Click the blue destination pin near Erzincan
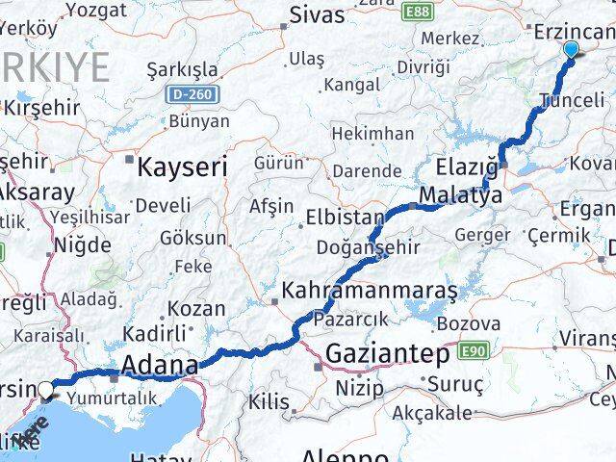[x=571, y=50]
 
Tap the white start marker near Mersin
[x=45, y=390]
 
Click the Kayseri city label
[x=182, y=167]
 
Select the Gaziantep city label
[x=387, y=353]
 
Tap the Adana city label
[x=159, y=366]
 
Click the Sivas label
[x=318, y=16]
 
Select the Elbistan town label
[x=345, y=217]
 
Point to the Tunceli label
[x=573, y=99]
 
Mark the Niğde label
[x=83, y=244]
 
